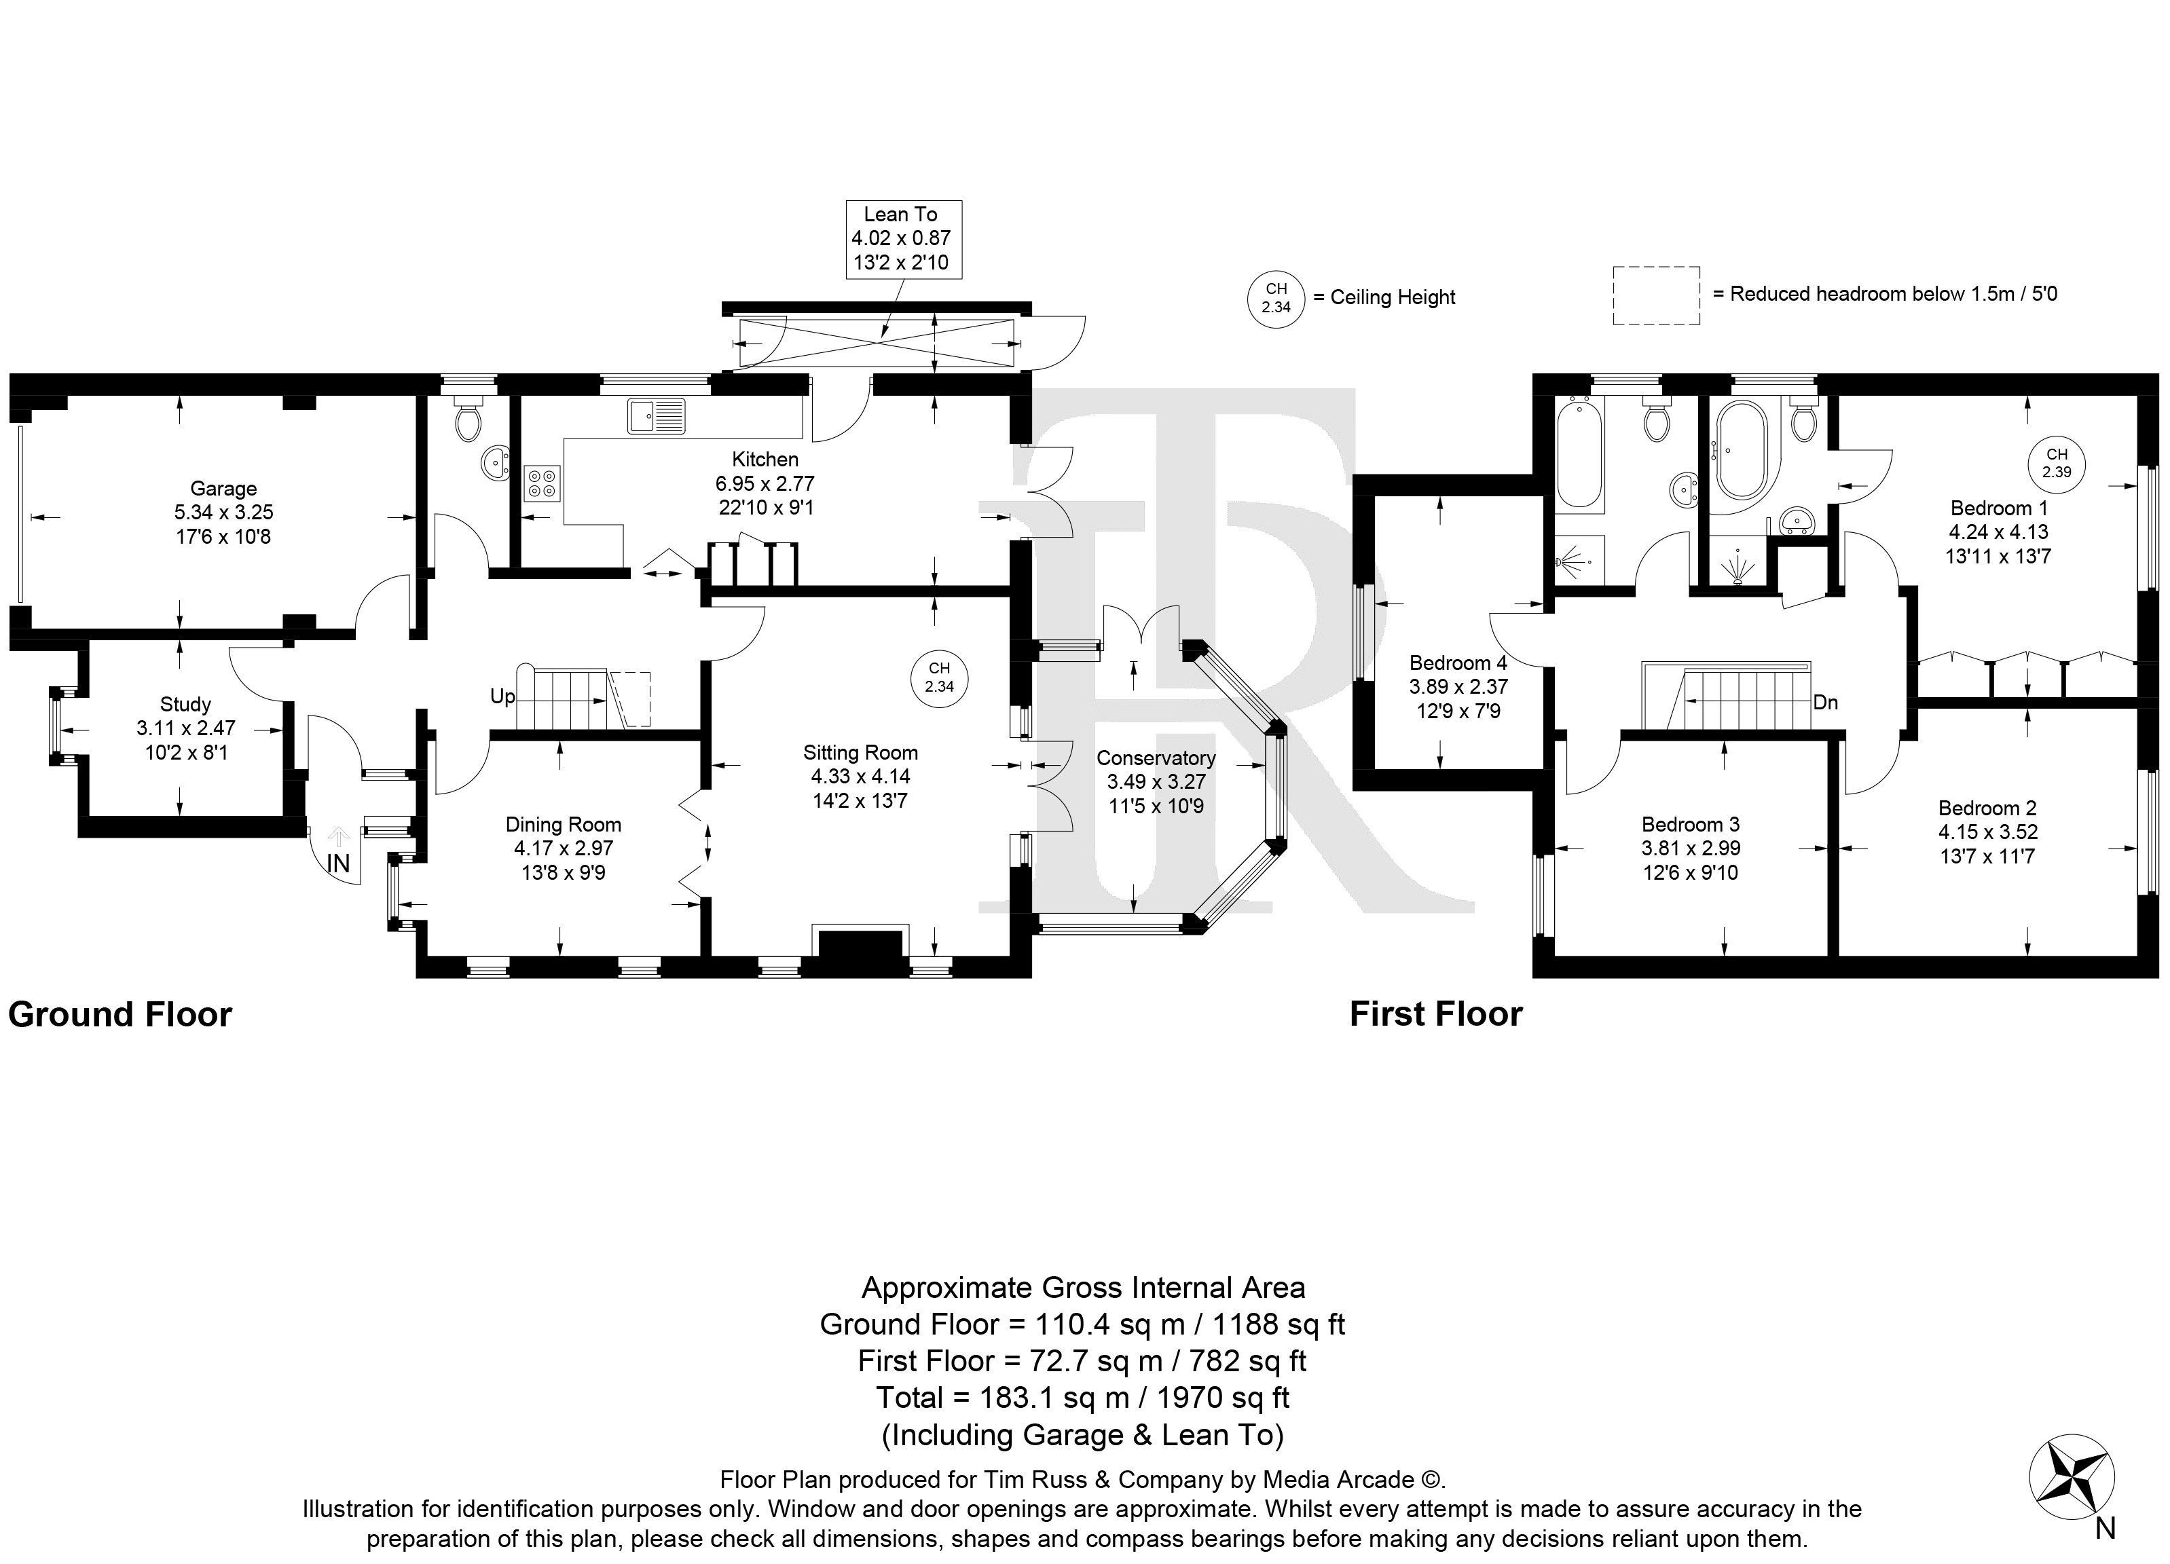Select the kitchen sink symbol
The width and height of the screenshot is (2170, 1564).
click(x=657, y=416)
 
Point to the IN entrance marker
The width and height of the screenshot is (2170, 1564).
click(x=339, y=863)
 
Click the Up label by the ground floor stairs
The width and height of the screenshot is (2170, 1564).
click(x=502, y=696)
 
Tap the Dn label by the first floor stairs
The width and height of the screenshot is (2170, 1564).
click(x=1826, y=702)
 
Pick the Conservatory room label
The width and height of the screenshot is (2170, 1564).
click(x=1156, y=758)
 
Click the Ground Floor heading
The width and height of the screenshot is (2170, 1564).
click(x=121, y=1014)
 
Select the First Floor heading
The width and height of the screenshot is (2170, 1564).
click(x=1436, y=1014)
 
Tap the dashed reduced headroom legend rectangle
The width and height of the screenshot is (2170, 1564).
click(x=1656, y=295)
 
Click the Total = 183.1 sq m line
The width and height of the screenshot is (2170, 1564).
click(x=1083, y=1398)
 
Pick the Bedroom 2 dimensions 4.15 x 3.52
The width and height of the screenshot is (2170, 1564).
click(x=1987, y=832)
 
